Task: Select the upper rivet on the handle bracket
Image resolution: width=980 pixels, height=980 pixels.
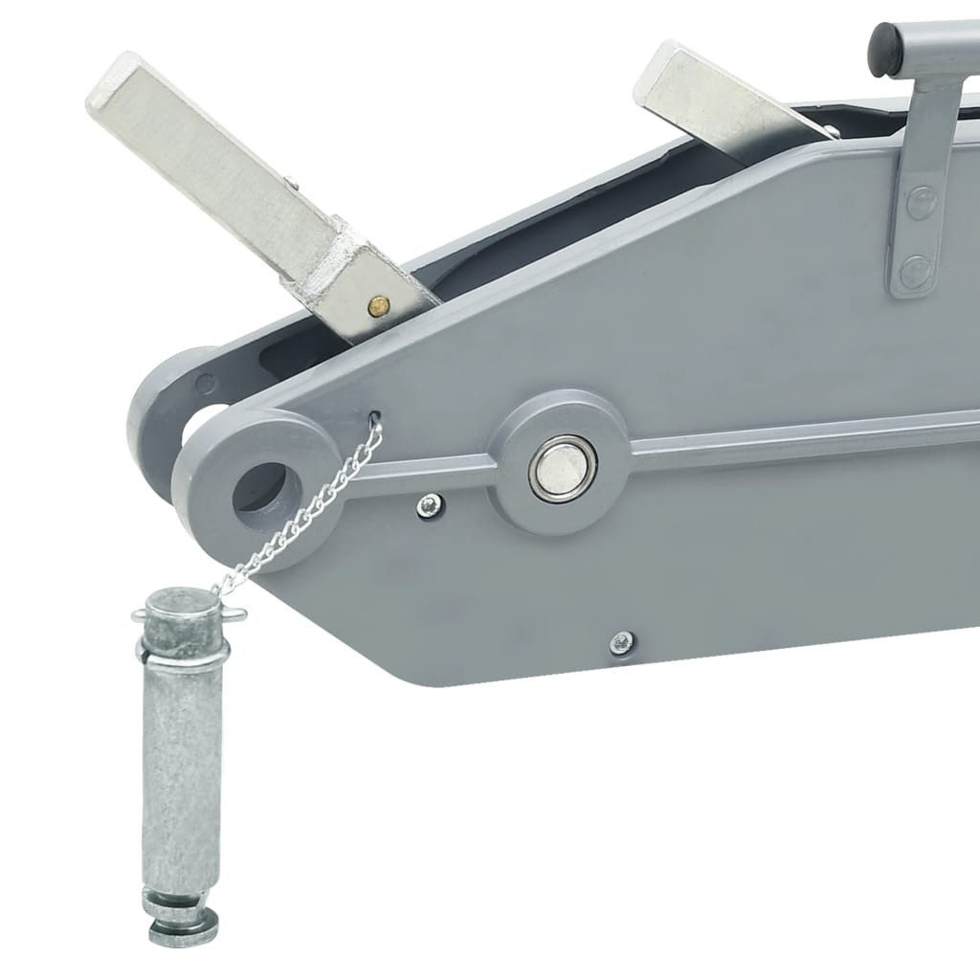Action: tap(919, 204)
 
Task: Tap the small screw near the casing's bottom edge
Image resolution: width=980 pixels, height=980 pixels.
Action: tap(622, 641)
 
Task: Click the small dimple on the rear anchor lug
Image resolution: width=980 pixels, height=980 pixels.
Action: tap(203, 386)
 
